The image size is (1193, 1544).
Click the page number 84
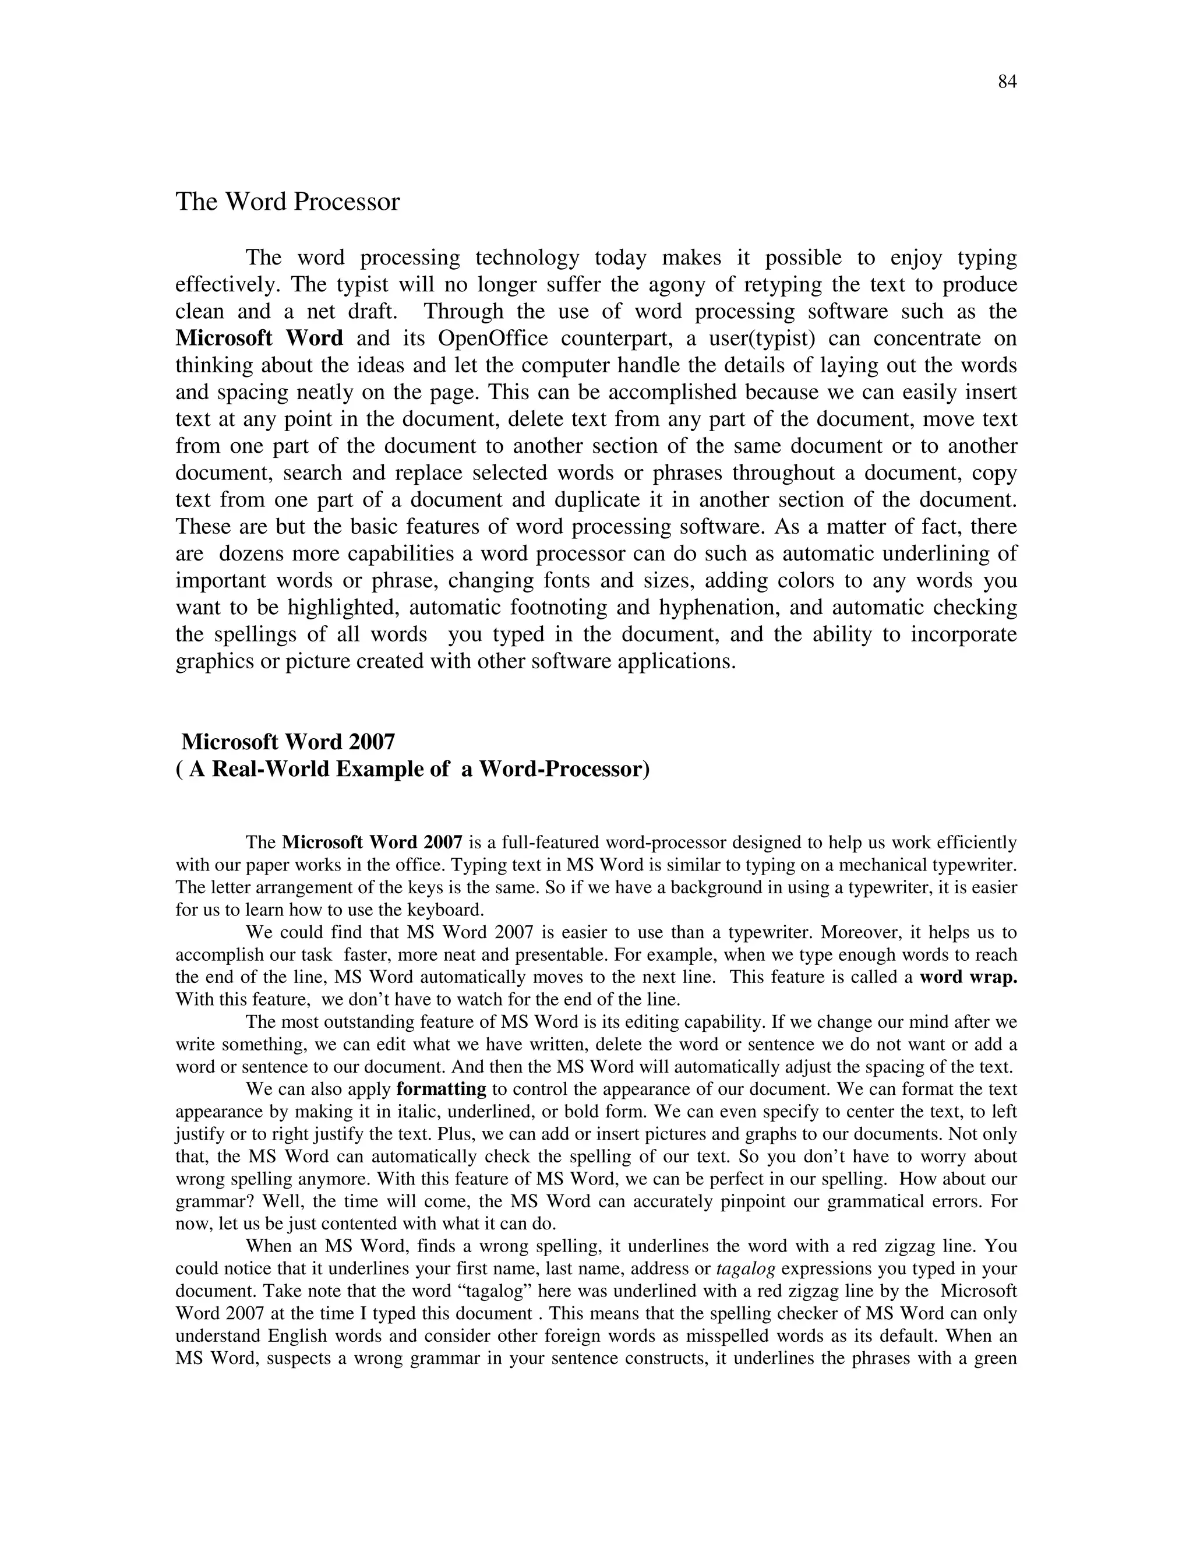[1007, 83]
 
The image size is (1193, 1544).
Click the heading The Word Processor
[287, 202]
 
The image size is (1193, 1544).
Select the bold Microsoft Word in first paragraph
[259, 339]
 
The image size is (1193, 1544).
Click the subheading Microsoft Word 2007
[288, 742]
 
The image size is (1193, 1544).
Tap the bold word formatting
[441, 1090]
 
